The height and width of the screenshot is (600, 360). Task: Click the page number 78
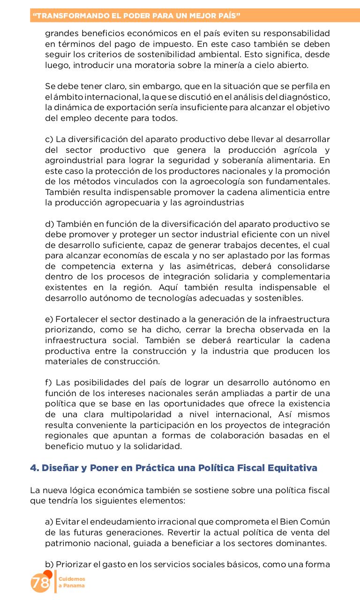coord(40,583)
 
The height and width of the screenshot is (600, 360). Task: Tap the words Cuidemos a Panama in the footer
coord(72,583)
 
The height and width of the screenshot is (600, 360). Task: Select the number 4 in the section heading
coord(33,468)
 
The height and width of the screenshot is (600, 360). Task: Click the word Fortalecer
coord(75,319)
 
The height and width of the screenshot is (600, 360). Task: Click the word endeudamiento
coord(122,522)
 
